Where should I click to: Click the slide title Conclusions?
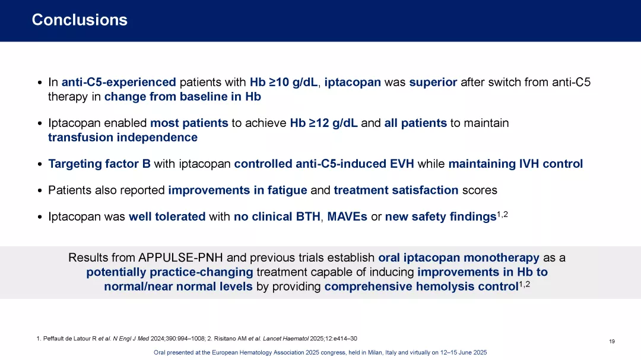pos(80,20)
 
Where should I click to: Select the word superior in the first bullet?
pos(433,82)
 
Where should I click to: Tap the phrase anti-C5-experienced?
pos(119,82)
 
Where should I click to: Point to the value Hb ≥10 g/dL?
pos(284,82)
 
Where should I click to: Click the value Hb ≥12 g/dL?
pos(324,123)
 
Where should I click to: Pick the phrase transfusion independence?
pos(123,138)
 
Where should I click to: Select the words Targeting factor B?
pos(99,164)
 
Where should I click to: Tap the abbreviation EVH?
pos(402,164)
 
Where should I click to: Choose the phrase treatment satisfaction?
pos(396,190)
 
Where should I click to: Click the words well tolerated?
pos(167,216)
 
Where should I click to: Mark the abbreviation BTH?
pos(308,216)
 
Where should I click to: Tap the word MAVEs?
pos(347,216)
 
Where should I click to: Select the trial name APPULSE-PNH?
pos(180,258)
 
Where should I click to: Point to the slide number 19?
pos(611,342)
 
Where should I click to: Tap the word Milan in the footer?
pos(375,353)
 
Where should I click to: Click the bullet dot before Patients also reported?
pos(40,191)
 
